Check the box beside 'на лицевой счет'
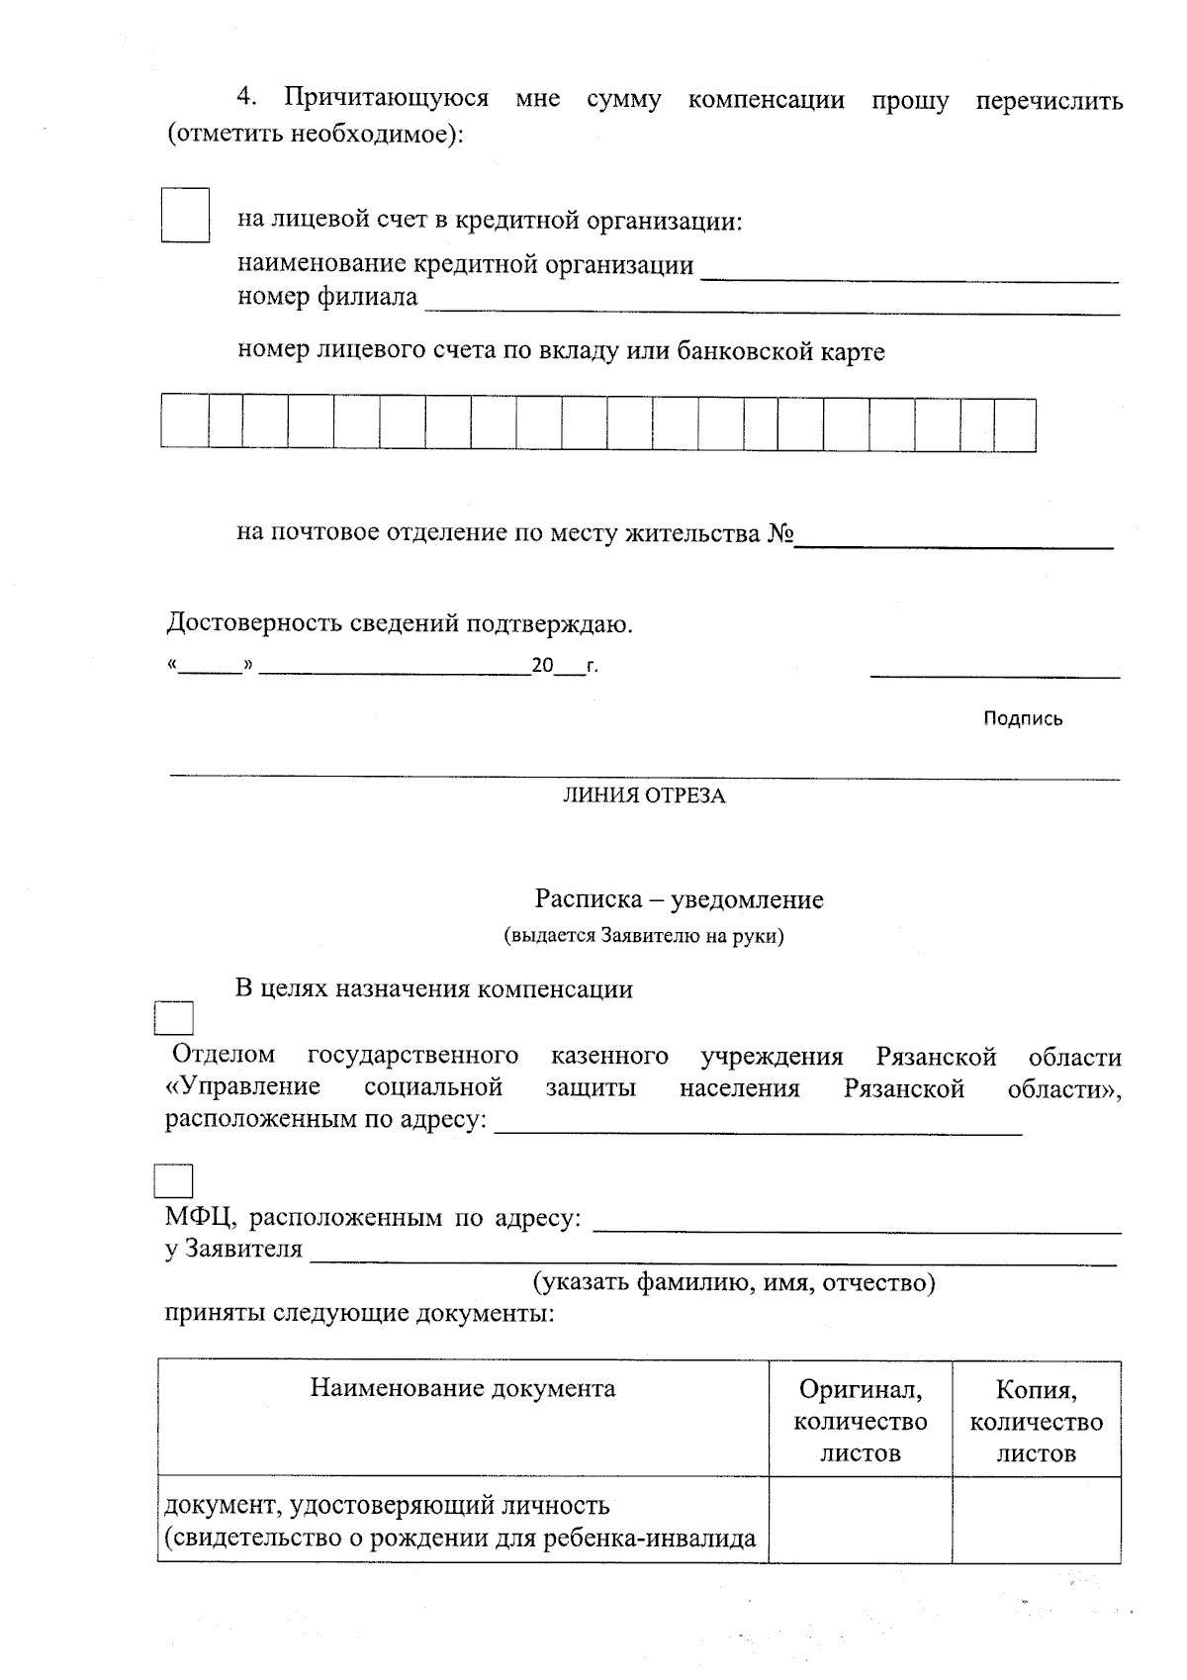[x=186, y=215]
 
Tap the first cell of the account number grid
[x=185, y=424]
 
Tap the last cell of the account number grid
[x=1015, y=424]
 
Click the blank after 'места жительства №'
[x=955, y=539]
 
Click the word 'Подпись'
[x=1023, y=719]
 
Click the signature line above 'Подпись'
[x=994, y=674]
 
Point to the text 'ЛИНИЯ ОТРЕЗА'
[x=644, y=796]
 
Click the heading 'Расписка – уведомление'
[x=679, y=899]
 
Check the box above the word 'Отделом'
[x=174, y=1019]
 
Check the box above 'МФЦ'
[x=174, y=1181]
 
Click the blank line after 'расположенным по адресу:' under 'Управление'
[x=757, y=1128]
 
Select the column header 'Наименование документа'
[x=463, y=1388]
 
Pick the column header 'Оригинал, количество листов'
[x=861, y=1421]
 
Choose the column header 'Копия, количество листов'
[x=1036, y=1421]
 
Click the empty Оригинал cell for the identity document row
[x=861, y=1521]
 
